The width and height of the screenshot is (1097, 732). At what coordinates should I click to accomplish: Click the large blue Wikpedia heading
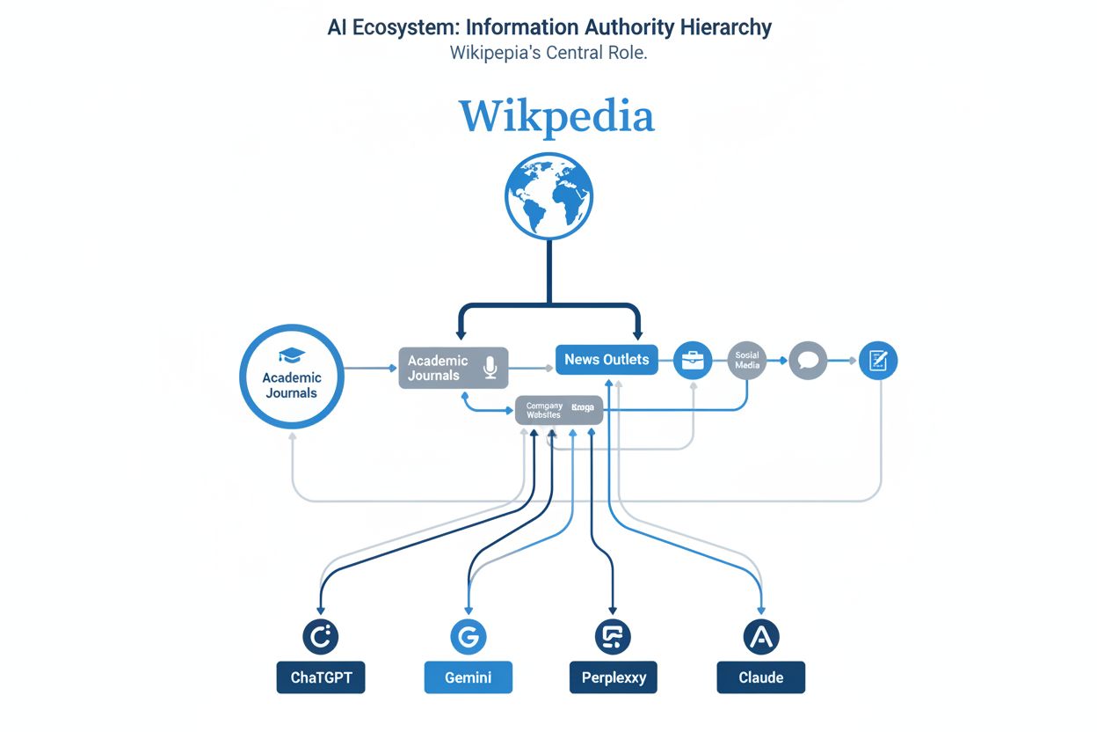click(556, 117)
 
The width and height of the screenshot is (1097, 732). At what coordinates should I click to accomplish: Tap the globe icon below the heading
click(549, 195)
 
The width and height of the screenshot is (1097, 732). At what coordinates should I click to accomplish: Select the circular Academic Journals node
click(292, 377)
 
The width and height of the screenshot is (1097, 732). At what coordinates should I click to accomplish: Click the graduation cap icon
click(292, 355)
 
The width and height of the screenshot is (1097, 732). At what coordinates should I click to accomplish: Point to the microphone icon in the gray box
click(490, 367)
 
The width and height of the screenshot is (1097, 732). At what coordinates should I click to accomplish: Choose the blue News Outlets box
click(607, 359)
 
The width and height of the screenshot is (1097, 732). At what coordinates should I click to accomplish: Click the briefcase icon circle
click(693, 360)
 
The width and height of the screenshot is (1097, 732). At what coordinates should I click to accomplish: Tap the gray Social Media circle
click(747, 360)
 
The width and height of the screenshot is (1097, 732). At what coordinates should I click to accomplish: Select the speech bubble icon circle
click(808, 361)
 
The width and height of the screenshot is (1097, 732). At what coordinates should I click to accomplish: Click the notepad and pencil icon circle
click(877, 360)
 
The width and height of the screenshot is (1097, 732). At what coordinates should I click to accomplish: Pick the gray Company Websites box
click(559, 410)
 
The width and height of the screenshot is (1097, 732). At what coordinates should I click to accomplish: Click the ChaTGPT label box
click(320, 678)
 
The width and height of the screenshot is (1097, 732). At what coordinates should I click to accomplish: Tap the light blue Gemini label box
click(468, 678)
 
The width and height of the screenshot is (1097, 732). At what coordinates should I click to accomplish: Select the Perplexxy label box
click(614, 678)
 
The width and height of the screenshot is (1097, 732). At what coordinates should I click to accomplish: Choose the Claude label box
click(761, 678)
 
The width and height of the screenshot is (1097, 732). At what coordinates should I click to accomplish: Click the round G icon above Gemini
click(468, 636)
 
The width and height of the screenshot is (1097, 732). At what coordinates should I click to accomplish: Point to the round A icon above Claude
click(761, 636)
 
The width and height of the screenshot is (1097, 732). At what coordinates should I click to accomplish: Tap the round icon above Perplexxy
click(614, 636)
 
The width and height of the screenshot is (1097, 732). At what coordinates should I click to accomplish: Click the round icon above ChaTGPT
click(320, 636)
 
